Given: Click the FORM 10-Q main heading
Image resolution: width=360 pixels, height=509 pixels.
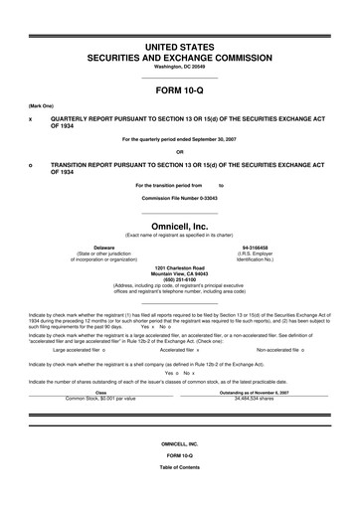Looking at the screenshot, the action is [x=179, y=90].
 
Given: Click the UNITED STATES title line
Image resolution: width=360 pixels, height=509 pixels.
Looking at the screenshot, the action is [x=179, y=47].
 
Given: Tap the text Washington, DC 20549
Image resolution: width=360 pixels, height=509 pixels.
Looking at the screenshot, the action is [x=179, y=68].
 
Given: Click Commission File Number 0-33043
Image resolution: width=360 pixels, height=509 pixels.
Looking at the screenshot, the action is [x=179, y=197].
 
